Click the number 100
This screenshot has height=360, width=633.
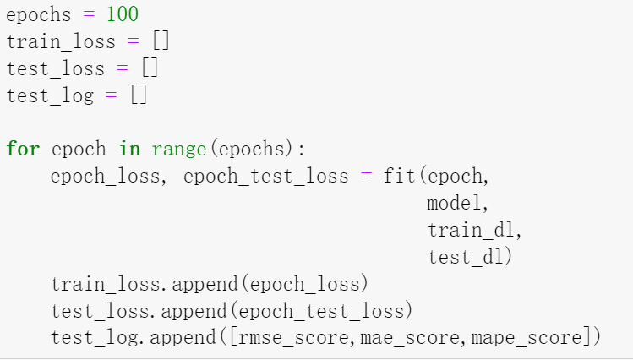[x=123, y=14]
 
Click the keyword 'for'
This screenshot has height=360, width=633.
[x=22, y=150]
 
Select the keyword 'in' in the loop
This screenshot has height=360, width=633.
[x=129, y=150]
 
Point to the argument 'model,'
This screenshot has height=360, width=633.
[x=458, y=204]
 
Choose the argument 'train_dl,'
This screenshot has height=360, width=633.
[x=475, y=231]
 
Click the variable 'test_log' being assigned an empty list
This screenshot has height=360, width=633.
[x=50, y=95]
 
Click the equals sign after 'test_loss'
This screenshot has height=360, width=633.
[x=123, y=68]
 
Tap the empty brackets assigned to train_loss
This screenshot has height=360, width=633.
[x=161, y=41]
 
